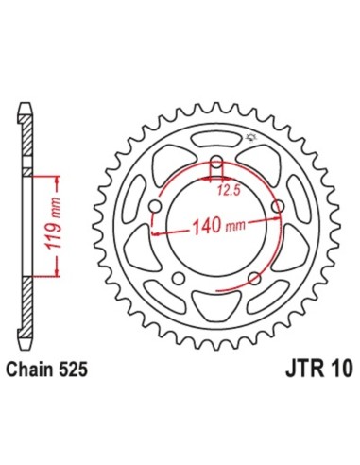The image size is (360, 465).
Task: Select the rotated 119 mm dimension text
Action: point(54,225)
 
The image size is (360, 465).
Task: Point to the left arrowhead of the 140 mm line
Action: point(154,231)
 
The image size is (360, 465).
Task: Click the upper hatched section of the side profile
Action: point(30,142)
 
